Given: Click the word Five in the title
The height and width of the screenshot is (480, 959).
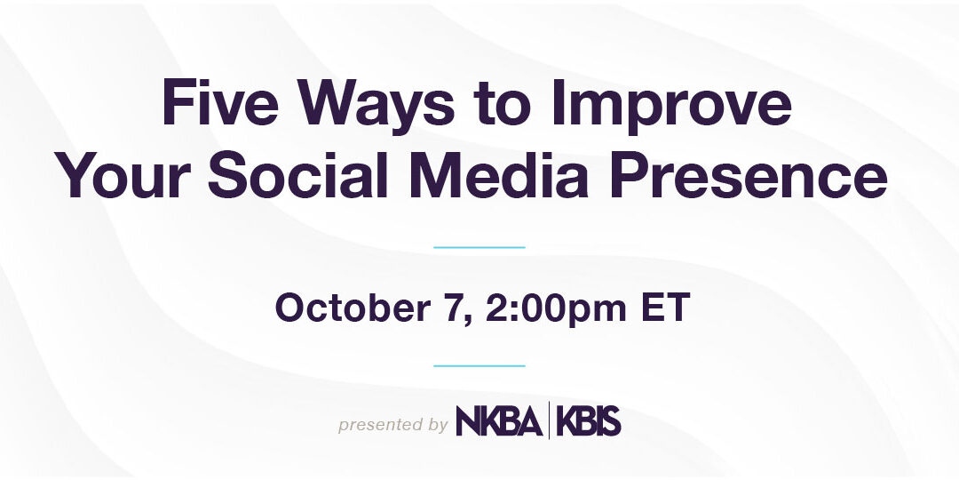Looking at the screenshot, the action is [219, 104].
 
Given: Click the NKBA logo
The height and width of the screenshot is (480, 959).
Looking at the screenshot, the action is [499, 421].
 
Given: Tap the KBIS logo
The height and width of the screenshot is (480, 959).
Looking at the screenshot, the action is [589, 421].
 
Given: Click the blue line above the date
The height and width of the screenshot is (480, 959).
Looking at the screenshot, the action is [479, 247].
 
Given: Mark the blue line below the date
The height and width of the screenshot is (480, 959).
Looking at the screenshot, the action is [479, 365].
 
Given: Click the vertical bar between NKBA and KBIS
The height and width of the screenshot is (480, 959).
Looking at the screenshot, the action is [550, 420].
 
